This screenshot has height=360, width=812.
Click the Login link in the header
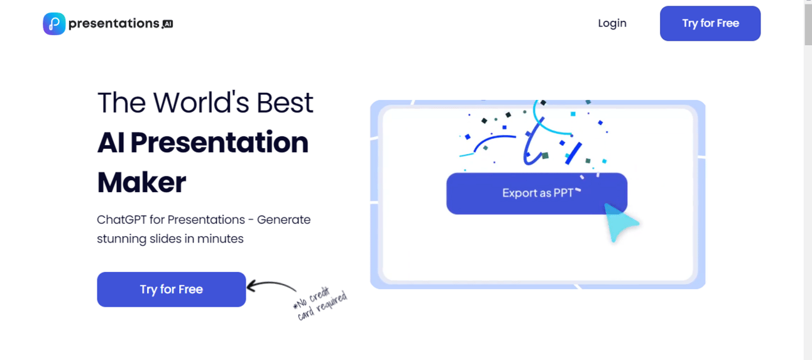pyautogui.click(x=612, y=23)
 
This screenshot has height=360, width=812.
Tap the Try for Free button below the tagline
pyautogui.click(x=172, y=289)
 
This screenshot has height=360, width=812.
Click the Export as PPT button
pyautogui.click(x=537, y=194)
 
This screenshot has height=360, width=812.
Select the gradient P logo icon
pyautogui.click(x=55, y=24)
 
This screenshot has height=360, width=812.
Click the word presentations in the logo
pyautogui.click(x=114, y=24)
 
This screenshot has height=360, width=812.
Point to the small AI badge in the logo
pyautogui.click(x=167, y=24)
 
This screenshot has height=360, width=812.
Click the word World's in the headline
pyautogui.click(x=201, y=102)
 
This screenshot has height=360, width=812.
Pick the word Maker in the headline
pyautogui.click(x=142, y=182)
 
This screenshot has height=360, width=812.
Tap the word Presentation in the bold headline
pyautogui.click(x=219, y=143)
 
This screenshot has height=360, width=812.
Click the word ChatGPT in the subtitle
pyautogui.click(x=121, y=220)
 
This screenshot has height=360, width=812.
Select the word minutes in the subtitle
pyautogui.click(x=221, y=239)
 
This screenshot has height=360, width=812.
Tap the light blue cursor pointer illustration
pyautogui.click(x=620, y=222)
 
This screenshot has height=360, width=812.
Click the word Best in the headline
pyautogui.click(x=285, y=102)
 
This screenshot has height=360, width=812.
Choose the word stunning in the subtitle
pyautogui.click(x=121, y=239)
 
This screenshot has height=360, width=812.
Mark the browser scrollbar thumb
pyautogui.click(x=808, y=23)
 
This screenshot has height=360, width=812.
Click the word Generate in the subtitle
pyautogui.click(x=284, y=220)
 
